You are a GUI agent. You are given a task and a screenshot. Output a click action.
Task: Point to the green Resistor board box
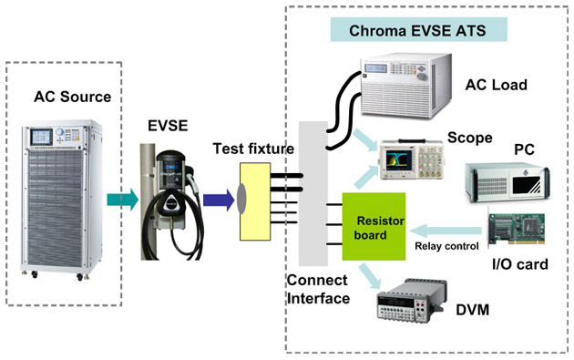pos(374,227)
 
